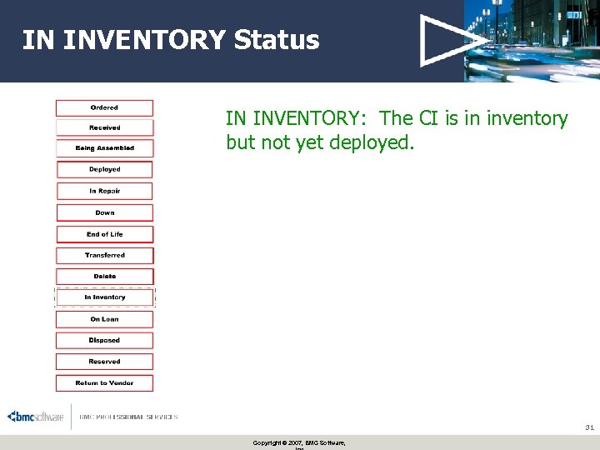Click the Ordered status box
[x=104, y=107]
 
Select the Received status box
[x=104, y=127]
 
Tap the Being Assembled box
[x=104, y=148]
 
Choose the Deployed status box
[x=104, y=169]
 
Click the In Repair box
[x=104, y=191]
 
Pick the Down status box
[x=104, y=212]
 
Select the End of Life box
[x=104, y=234]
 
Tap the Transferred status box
[x=104, y=255]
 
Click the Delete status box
[x=104, y=276]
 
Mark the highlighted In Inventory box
[x=104, y=297]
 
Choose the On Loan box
[x=104, y=319]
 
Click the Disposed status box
[x=104, y=340]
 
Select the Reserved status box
[x=104, y=362]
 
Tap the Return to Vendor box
[x=104, y=383]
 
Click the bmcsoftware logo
[x=36, y=417]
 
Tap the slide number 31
[x=588, y=427]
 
